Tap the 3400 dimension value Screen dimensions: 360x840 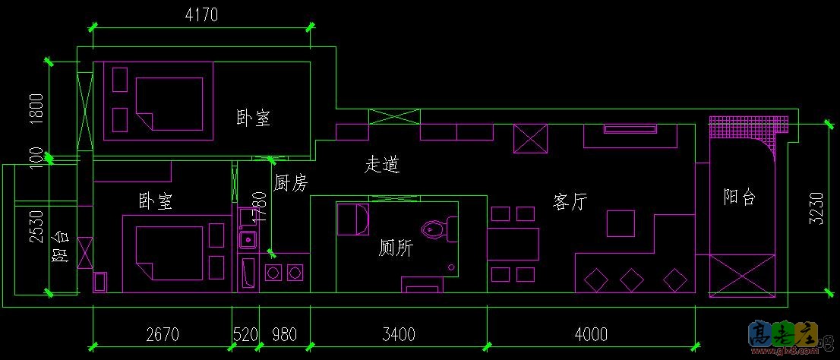point(398,334)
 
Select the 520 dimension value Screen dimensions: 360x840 point(245,334)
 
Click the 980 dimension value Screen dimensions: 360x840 point(284,334)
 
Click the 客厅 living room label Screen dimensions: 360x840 point(570,202)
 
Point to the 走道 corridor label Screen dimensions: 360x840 point(383,163)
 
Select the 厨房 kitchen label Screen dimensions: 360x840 point(290,183)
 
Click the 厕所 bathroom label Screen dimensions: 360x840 point(395,248)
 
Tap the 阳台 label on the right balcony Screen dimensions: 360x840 point(739,197)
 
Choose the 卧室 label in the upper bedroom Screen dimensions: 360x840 point(254,118)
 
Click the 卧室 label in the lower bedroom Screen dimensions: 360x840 point(154,201)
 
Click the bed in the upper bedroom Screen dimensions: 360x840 point(169,103)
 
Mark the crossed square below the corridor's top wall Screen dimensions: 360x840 point(530,140)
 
